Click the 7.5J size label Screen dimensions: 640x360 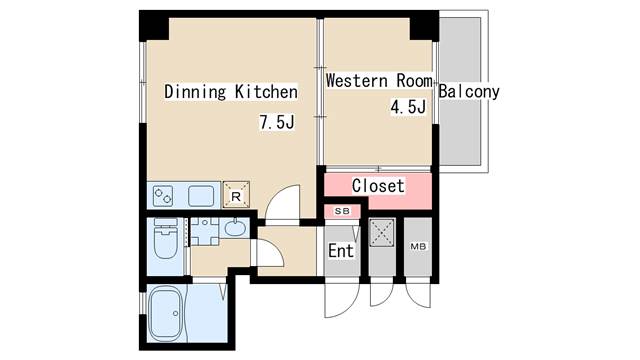277,122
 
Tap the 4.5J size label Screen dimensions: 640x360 408,107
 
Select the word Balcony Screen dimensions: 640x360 469,92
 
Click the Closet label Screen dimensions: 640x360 378,186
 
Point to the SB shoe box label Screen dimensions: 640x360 342,211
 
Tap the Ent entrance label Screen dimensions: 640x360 341,251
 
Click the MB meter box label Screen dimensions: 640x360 418,247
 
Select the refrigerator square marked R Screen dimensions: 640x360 236,195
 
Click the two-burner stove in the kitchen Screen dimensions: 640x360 163,196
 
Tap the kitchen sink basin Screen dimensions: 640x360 201,196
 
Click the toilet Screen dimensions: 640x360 165,238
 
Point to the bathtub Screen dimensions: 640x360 167,314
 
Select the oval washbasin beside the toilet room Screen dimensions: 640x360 235,228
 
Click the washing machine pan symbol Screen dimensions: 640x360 205,231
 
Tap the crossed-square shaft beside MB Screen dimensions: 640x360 382,233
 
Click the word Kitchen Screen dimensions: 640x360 266,92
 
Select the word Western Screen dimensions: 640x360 356,80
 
